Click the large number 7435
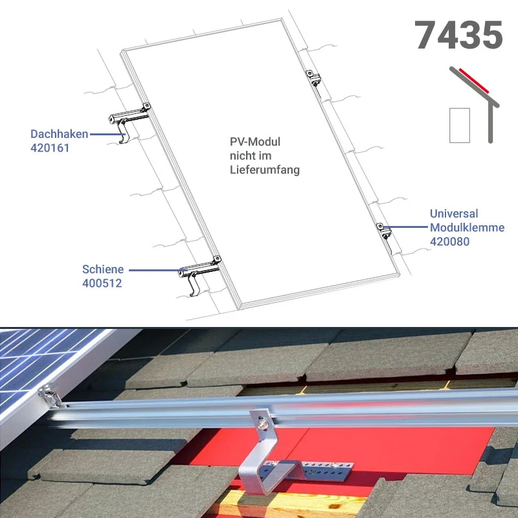tap(458, 35)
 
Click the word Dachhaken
tap(59, 134)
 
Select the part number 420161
tap(50, 148)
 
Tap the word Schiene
tap(103, 269)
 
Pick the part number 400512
tap(102, 283)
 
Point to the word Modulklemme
tap(467, 227)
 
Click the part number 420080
tap(449, 242)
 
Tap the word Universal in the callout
tap(454, 214)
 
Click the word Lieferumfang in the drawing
tap(265, 170)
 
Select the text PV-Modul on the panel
tap(255, 142)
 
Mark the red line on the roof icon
tap(474, 81)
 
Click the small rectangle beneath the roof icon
tap(460, 126)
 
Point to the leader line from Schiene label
tap(158, 270)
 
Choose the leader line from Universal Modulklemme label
tap(406, 227)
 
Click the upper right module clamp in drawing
tap(313, 78)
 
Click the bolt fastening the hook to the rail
tap(263, 423)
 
